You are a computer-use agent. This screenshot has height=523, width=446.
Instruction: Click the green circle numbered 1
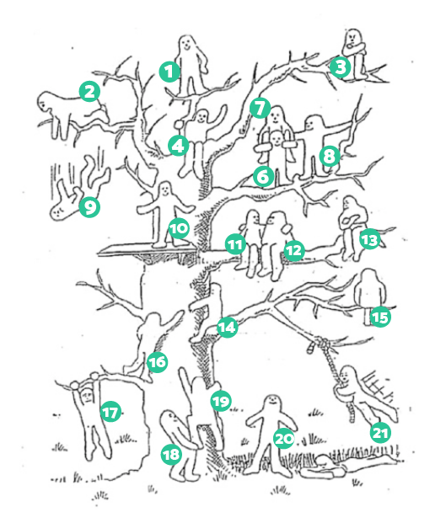click(x=169, y=72)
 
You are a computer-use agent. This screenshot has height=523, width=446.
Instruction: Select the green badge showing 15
click(x=380, y=318)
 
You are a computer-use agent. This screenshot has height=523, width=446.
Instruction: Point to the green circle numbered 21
click(x=379, y=432)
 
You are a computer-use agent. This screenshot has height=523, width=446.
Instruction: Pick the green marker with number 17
click(x=110, y=412)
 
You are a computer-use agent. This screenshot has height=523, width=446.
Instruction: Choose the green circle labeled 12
click(x=293, y=250)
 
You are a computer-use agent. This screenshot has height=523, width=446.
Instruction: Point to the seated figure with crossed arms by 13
click(x=351, y=223)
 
